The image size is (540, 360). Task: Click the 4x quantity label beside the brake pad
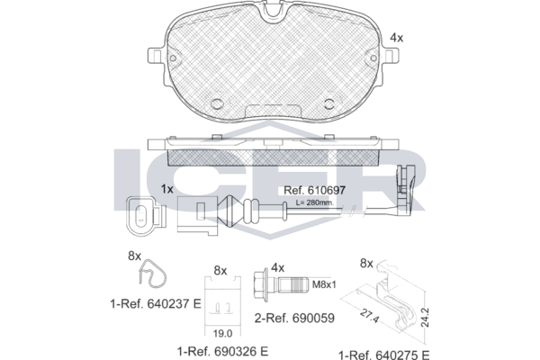click(396, 38)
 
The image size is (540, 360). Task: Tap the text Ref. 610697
click(314, 190)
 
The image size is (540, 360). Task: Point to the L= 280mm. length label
click(315, 202)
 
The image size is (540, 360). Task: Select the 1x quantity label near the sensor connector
click(167, 189)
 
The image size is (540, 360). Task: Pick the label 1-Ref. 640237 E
click(156, 304)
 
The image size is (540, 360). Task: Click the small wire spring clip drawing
click(152, 274)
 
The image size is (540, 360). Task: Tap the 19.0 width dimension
click(222, 333)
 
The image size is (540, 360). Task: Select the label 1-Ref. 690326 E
click(222, 351)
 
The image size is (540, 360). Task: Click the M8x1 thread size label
click(324, 284)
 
